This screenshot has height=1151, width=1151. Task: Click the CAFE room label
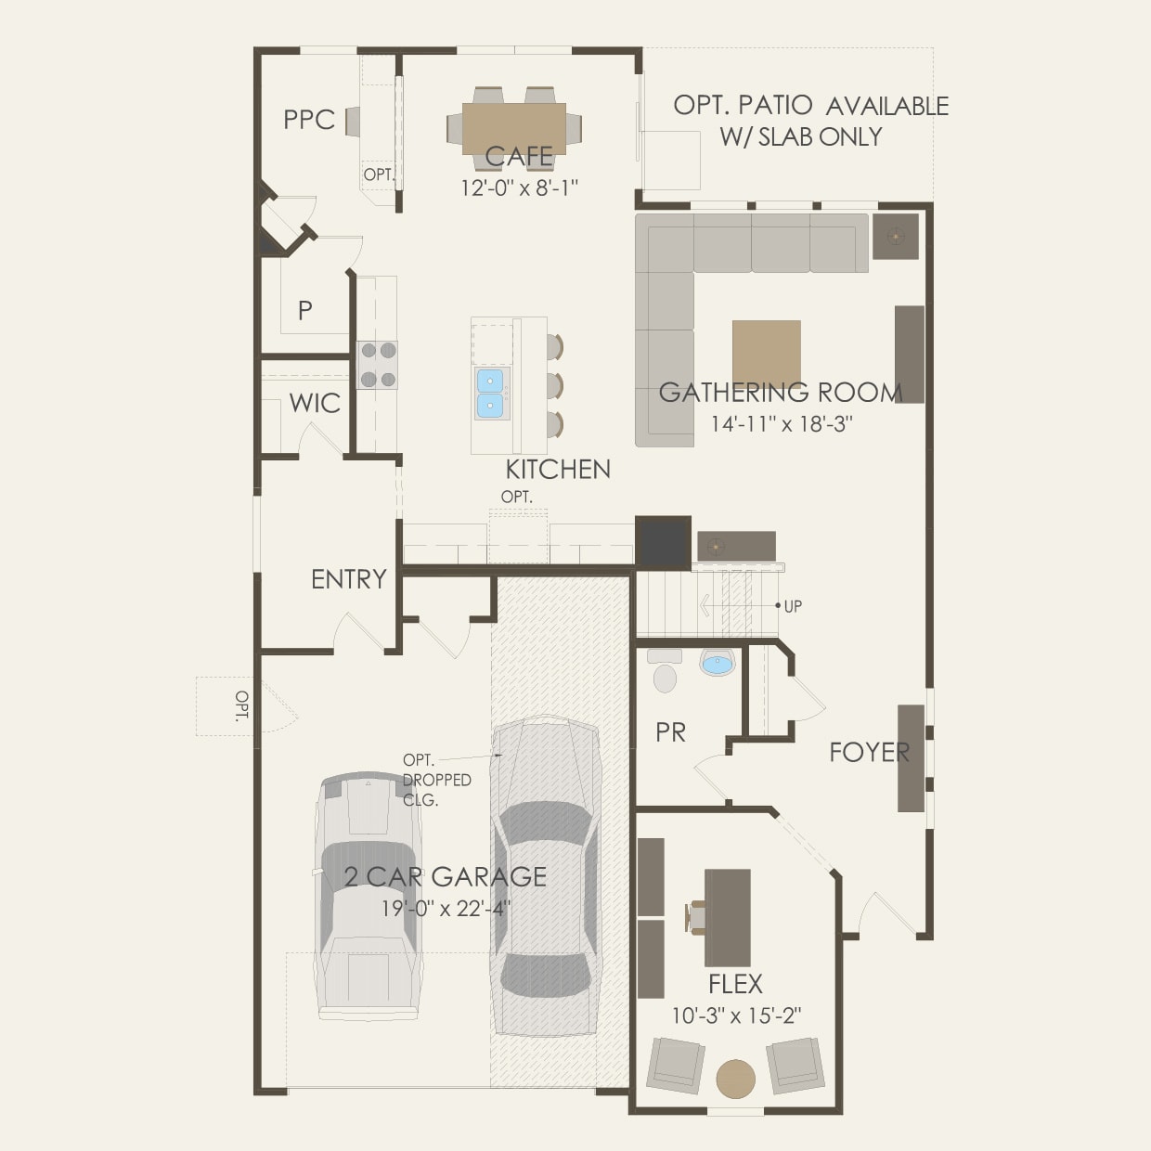(x=519, y=157)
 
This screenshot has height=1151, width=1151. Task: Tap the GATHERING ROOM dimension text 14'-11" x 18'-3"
(x=782, y=424)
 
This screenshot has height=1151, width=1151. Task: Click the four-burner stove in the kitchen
(x=378, y=365)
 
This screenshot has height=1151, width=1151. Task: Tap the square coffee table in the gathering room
(x=766, y=353)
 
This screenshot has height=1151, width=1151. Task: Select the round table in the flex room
(x=736, y=1079)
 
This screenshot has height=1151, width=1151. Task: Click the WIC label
(x=315, y=404)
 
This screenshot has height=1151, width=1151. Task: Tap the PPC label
(x=309, y=120)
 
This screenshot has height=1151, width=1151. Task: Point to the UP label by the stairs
(x=793, y=606)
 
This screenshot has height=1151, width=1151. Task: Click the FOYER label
(x=869, y=752)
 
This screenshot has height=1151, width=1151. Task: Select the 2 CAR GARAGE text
(x=445, y=876)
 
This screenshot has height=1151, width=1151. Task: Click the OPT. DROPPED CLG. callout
(x=435, y=780)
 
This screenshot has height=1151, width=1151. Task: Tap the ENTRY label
(x=348, y=579)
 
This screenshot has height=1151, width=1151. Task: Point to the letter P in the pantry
(x=304, y=311)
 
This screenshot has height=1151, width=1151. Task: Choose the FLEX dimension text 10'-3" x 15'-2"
(x=736, y=1016)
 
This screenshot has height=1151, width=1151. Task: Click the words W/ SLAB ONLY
(x=800, y=136)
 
